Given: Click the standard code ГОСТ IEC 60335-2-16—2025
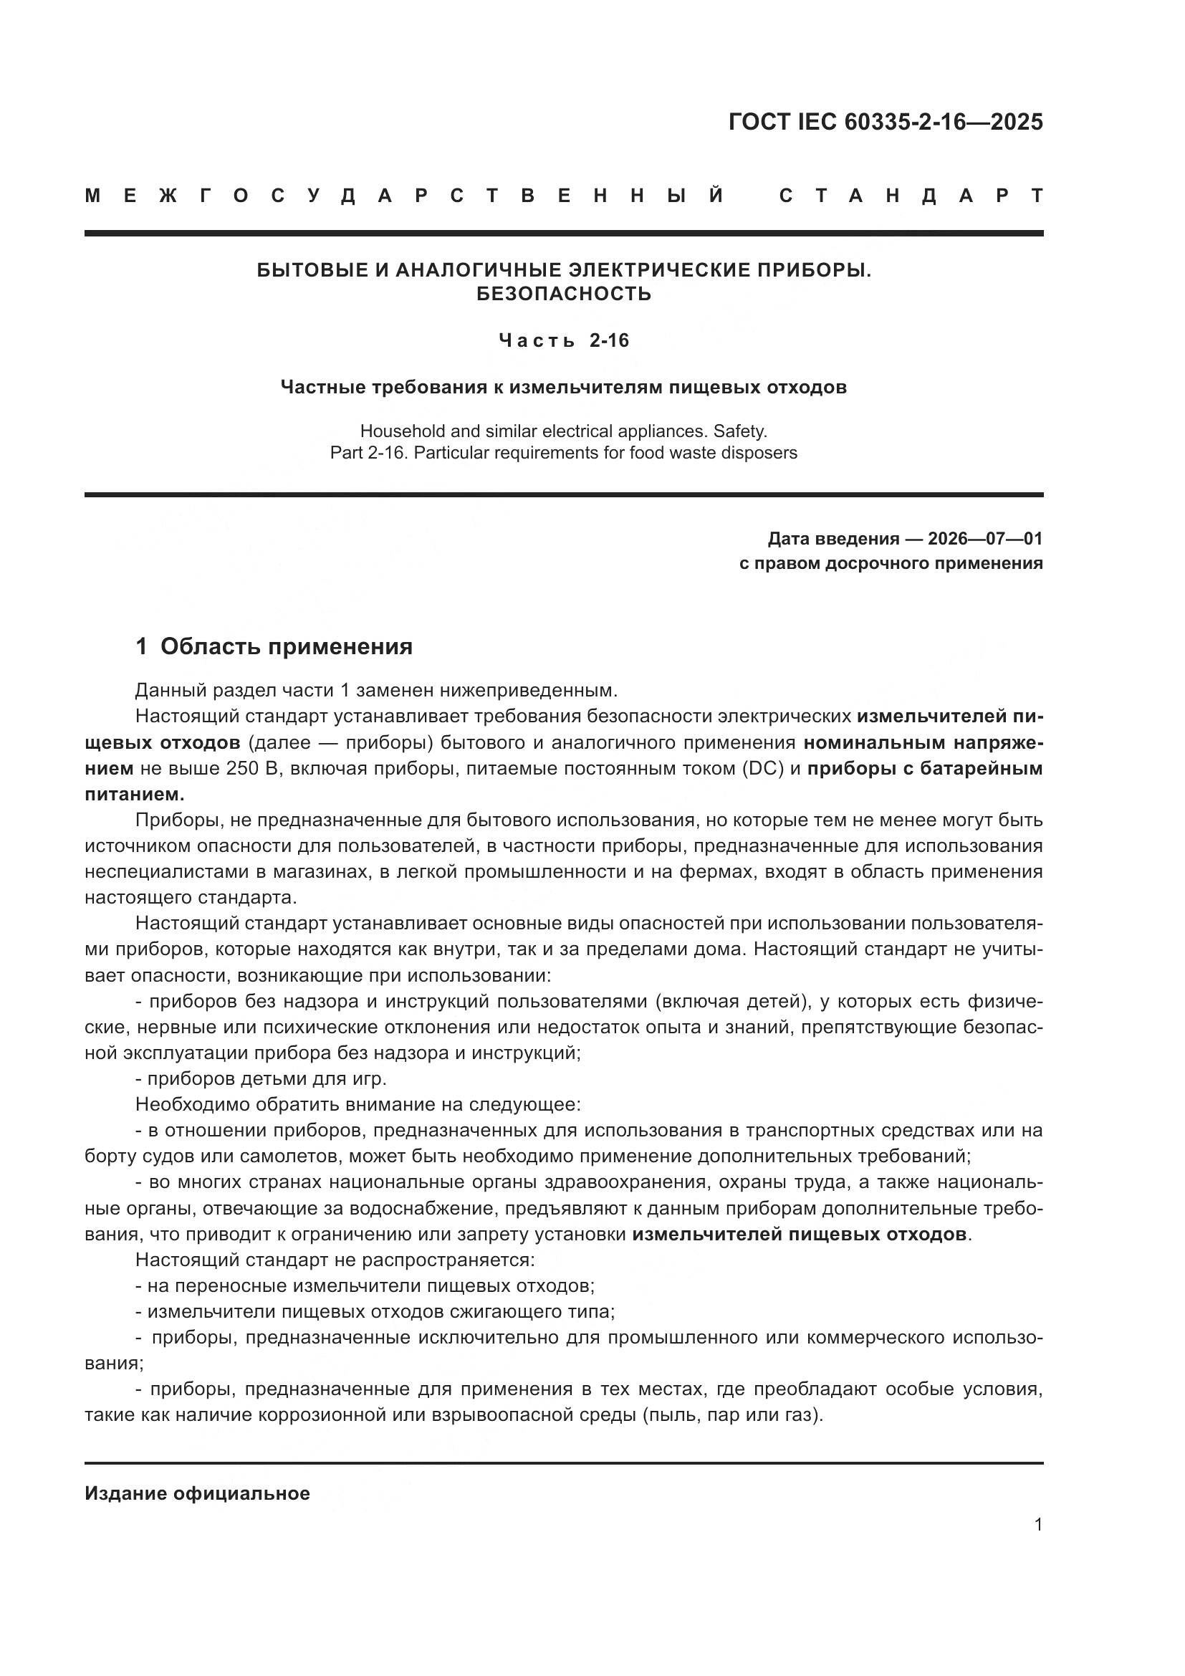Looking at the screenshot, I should click(885, 122).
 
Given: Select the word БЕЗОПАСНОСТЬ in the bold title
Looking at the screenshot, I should click(563, 295).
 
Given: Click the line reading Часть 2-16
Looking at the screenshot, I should click(563, 340).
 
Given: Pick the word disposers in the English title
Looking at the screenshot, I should click(762, 453).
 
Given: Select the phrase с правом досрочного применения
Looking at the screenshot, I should click(891, 562).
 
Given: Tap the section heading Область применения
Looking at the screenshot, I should click(286, 646).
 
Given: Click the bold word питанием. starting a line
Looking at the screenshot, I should click(134, 794).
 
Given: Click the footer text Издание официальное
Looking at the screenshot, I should click(197, 1493).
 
